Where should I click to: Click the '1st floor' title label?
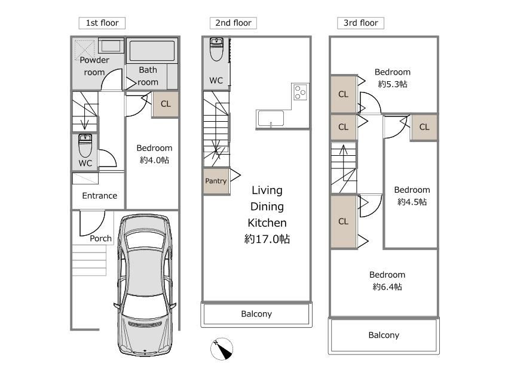(x=102, y=23)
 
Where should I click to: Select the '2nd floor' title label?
(x=233, y=23)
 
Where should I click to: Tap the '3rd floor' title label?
(x=360, y=23)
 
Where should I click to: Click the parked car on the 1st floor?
(x=145, y=285)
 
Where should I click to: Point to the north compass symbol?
(x=222, y=349)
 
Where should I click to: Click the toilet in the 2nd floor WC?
(x=216, y=49)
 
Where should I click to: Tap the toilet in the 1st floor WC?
(x=85, y=146)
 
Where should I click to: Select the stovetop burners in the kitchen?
(x=300, y=92)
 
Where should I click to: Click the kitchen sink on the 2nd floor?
(x=271, y=119)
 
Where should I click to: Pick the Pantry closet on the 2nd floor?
(x=216, y=181)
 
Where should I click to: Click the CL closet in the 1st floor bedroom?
(x=166, y=104)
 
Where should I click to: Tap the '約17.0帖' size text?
(x=267, y=239)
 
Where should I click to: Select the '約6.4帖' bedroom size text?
(x=387, y=287)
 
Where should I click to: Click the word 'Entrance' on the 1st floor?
(x=99, y=196)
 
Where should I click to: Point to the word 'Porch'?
(x=101, y=238)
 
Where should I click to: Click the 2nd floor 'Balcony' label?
(x=256, y=314)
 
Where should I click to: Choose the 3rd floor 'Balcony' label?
(x=384, y=335)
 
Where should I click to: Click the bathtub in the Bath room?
(x=152, y=51)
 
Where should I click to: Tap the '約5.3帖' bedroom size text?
(x=392, y=84)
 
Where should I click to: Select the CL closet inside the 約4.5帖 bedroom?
(x=424, y=127)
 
